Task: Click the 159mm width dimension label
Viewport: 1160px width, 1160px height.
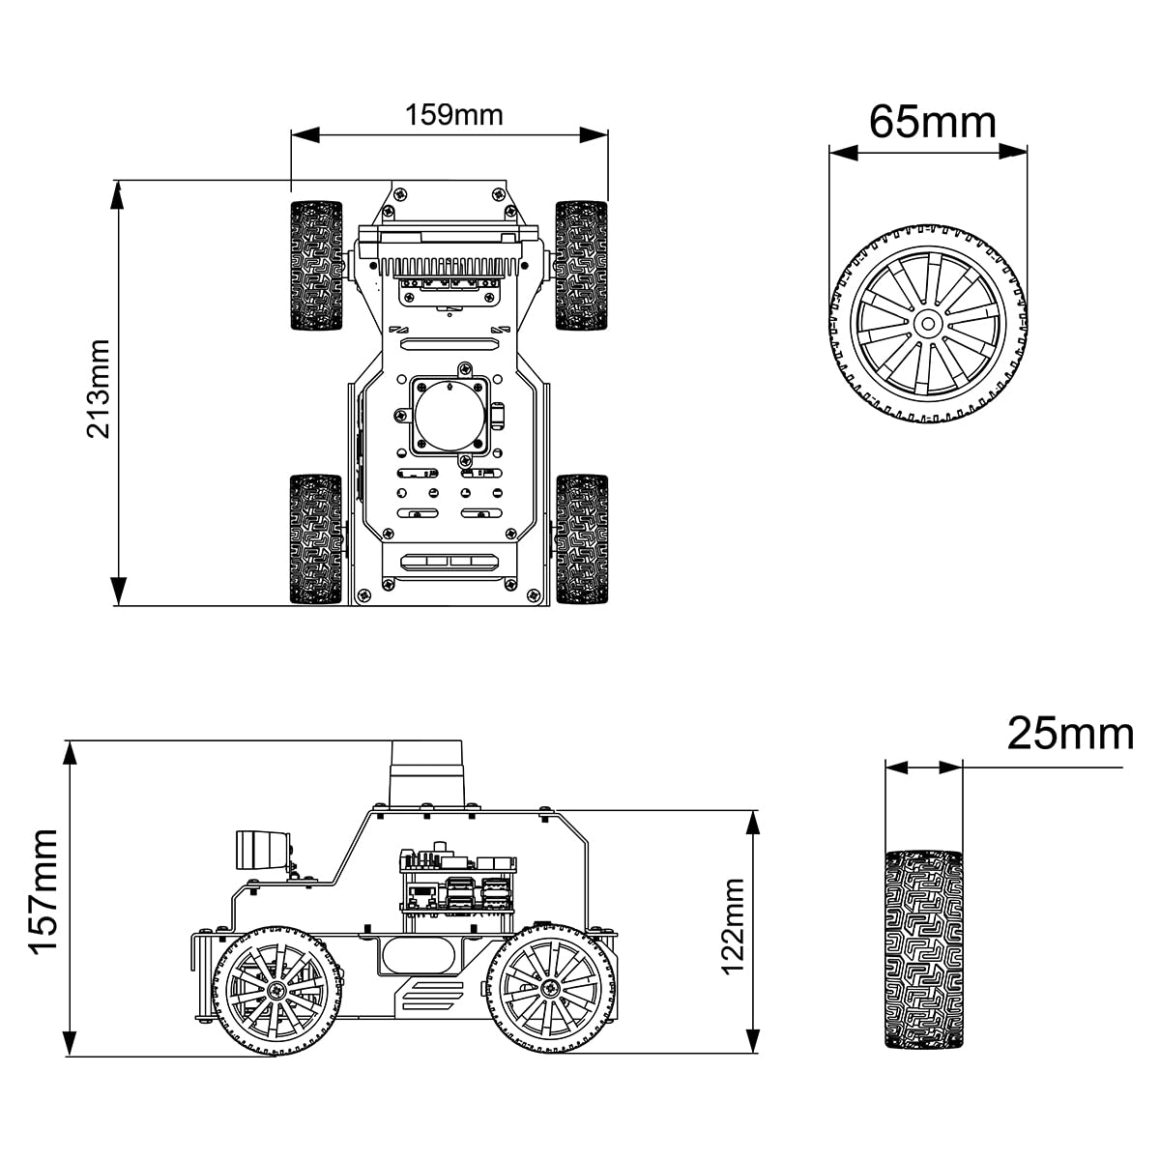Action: (453, 114)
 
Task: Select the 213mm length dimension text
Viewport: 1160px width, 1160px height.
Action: (101, 389)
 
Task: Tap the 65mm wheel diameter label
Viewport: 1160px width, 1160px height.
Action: (932, 122)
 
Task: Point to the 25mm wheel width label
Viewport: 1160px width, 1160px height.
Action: (1069, 735)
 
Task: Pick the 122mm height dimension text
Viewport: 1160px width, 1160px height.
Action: (734, 927)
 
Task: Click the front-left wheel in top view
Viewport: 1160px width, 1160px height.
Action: (316, 266)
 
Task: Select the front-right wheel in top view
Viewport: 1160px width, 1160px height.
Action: (581, 266)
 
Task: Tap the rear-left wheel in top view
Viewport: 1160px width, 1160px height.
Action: (316, 539)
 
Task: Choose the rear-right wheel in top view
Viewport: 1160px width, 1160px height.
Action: (581, 539)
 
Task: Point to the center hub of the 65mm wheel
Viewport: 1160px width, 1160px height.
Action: (926, 324)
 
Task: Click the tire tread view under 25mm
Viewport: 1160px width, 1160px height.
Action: (925, 949)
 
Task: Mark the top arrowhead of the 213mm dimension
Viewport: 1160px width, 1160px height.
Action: (118, 193)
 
